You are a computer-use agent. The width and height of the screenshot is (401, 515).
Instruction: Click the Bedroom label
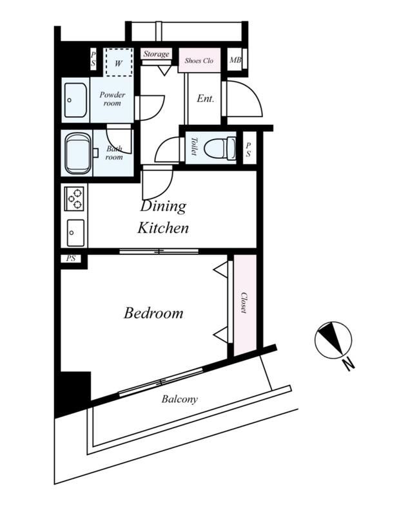153,313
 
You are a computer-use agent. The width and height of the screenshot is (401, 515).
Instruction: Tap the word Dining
163,207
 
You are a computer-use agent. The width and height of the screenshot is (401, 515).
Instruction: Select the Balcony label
179,399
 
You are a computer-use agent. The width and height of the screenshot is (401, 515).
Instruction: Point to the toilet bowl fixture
219,148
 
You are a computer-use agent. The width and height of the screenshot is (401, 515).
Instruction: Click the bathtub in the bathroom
77,153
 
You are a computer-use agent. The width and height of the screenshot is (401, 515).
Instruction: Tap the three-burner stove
74,198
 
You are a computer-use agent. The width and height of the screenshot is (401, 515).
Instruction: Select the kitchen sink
75,233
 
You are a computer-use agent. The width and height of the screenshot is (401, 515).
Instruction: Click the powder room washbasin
75,100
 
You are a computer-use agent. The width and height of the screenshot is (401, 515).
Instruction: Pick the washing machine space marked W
119,62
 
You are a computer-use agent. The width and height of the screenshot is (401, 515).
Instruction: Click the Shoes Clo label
199,61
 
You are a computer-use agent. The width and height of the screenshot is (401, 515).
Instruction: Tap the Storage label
156,54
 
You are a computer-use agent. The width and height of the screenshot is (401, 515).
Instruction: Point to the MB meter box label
235,60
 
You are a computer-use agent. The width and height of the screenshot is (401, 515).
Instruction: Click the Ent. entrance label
205,98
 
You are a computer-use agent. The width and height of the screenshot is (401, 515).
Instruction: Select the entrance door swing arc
254,92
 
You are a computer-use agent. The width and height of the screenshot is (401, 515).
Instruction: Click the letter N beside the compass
348,364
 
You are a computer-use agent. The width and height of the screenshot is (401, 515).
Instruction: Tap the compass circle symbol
333,340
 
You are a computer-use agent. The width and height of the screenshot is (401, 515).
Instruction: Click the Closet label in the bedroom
244,303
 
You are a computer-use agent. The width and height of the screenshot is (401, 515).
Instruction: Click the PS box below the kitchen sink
71,259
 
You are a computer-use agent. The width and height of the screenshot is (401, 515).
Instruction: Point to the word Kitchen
163,228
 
